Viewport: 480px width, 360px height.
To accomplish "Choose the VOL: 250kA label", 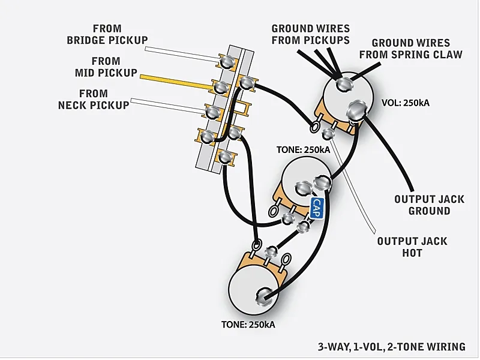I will coord(406,103).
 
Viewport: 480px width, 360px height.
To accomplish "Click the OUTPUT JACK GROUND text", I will coord(429,205).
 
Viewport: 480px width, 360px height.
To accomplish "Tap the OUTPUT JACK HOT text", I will coord(412,247).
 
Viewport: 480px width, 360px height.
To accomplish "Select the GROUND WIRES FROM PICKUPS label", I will coord(310,34).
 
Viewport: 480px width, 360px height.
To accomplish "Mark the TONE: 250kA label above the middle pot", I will coord(303,149).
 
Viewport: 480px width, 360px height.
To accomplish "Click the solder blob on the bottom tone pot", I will coord(264,295).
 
